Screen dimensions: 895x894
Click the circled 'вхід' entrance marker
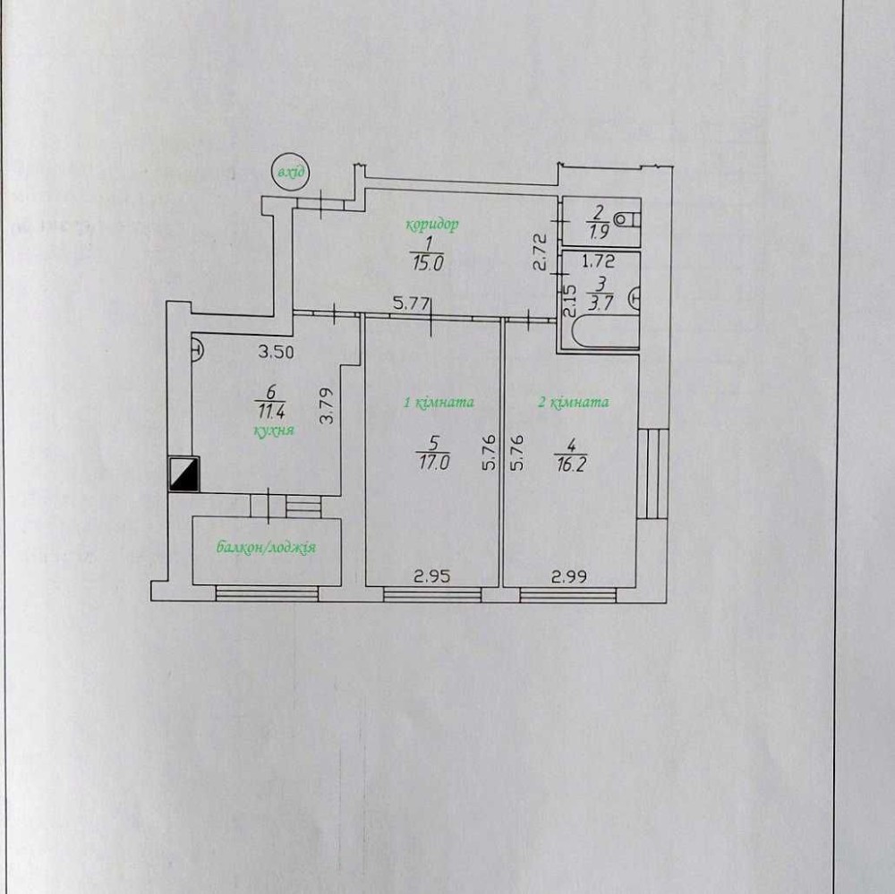(290, 171)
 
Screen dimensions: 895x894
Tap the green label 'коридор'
(432, 225)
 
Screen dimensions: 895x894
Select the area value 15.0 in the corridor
(428, 264)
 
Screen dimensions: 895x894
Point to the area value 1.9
(599, 231)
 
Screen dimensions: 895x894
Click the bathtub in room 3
(605, 331)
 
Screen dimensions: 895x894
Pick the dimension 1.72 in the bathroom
(599, 261)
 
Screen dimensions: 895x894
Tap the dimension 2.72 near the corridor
(541, 251)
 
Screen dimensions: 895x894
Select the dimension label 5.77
(411, 303)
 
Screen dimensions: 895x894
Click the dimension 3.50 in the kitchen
(276, 352)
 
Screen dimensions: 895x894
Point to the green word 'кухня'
(274, 430)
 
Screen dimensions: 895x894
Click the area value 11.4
(271, 411)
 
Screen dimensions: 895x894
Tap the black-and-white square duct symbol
(183, 474)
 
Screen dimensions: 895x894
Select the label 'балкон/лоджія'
(266, 548)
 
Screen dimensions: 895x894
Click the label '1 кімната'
(439, 403)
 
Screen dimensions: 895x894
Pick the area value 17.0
(433, 462)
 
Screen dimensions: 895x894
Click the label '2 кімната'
(574, 403)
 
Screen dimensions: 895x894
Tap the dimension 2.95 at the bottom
(432, 576)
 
